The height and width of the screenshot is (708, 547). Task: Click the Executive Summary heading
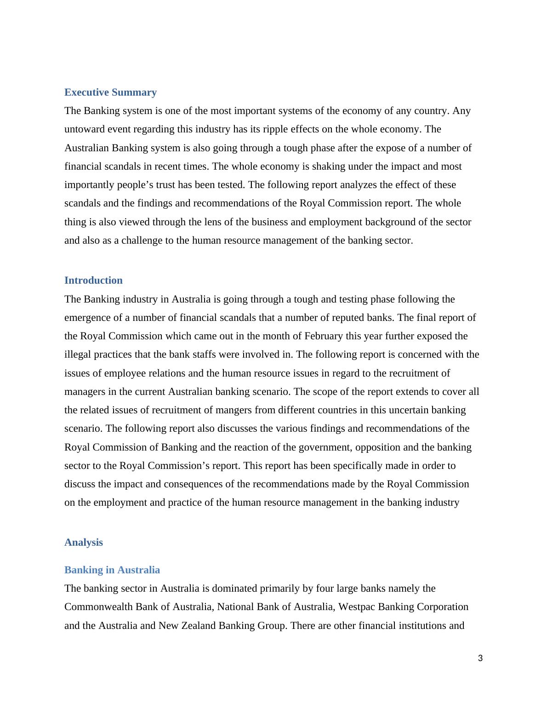110,92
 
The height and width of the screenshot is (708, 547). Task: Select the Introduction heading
93,280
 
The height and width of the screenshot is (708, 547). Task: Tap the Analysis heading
84,542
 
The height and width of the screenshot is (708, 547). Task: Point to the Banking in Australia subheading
112,570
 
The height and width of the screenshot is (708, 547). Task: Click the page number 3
480,658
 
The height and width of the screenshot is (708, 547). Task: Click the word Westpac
357,607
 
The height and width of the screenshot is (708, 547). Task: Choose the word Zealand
199,626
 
